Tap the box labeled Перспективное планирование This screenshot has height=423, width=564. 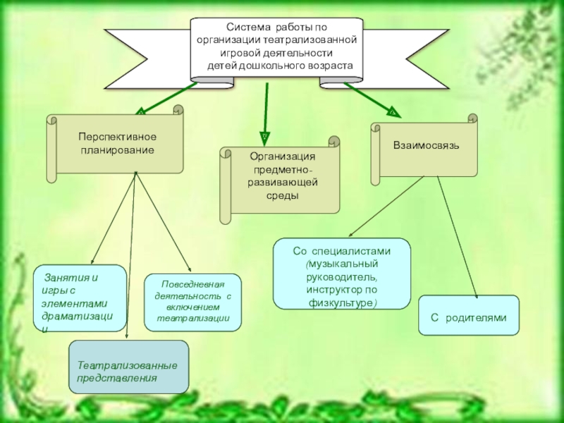[x=117, y=143]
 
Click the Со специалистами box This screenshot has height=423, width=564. [x=341, y=274]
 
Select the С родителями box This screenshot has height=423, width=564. [x=469, y=318]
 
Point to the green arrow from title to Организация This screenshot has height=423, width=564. [x=266, y=109]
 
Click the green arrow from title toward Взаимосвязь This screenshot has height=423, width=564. [x=369, y=99]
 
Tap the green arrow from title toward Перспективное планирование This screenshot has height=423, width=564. [x=169, y=97]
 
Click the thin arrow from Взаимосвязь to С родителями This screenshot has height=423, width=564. [x=458, y=236]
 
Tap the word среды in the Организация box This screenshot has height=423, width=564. [x=281, y=195]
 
